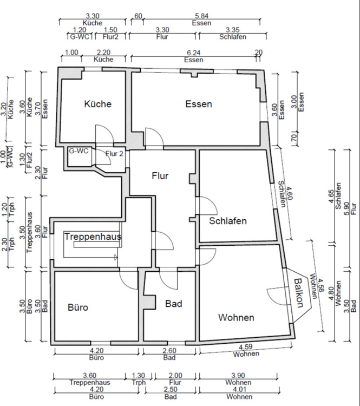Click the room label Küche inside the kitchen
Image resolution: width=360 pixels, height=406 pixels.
click(97, 104)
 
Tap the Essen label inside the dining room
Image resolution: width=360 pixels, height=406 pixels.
click(198, 104)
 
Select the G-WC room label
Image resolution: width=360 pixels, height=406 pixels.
click(78, 151)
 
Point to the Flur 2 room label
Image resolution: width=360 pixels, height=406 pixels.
click(115, 153)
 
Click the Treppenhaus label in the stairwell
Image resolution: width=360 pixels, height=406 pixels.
click(92, 237)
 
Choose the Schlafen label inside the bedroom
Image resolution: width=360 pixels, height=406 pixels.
click(228, 221)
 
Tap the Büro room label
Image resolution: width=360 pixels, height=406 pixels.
click(78, 307)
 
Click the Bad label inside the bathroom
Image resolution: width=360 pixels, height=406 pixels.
click(174, 304)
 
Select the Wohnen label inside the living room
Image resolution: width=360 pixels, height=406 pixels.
click(236, 317)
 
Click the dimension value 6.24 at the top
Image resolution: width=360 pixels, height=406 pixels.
click(193, 52)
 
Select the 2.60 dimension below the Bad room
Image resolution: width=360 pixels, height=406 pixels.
click(169, 351)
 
